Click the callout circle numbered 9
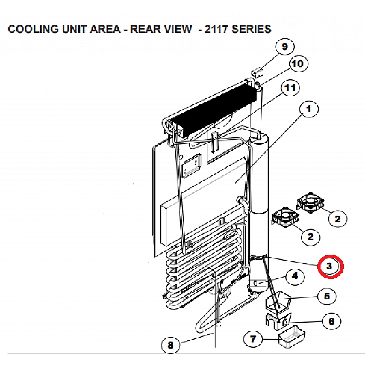[x=284, y=47]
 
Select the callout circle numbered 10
[x=297, y=64]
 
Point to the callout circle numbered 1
[x=308, y=109]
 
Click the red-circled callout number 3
[x=330, y=266]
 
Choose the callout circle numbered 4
[x=295, y=276]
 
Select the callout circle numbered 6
[x=331, y=322]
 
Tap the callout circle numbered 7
[x=253, y=339]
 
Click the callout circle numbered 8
[x=170, y=345]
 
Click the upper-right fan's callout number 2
[x=337, y=219]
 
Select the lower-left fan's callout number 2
[x=310, y=236]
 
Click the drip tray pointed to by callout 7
[x=292, y=336]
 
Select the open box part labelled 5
[x=278, y=301]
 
